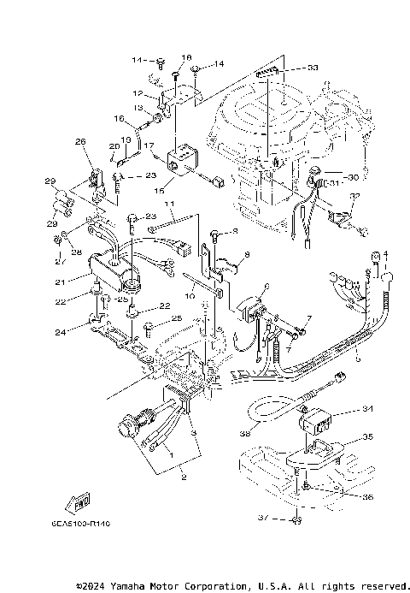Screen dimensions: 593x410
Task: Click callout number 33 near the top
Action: tap(289, 68)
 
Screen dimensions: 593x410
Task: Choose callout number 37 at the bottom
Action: tap(263, 518)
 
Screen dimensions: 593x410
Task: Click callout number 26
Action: tap(80, 141)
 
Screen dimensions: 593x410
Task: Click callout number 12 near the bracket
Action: tap(137, 92)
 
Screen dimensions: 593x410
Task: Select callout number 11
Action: tap(169, 205)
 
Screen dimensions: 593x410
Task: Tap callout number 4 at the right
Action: tap(385, 254)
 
